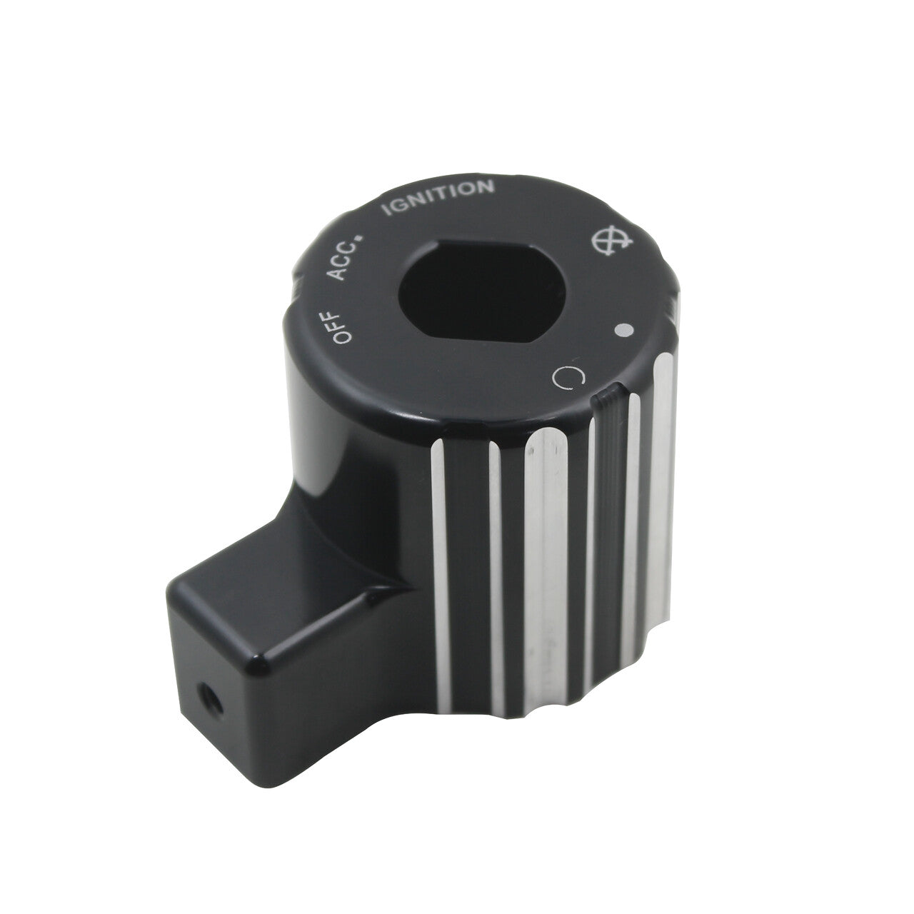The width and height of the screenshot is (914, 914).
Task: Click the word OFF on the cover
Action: tap(343, 327)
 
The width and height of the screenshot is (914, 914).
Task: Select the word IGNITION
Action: tap(438, 197)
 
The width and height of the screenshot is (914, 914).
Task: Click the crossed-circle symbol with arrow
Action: tap(612, 242)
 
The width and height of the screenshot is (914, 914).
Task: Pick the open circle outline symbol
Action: tap(568, 378)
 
